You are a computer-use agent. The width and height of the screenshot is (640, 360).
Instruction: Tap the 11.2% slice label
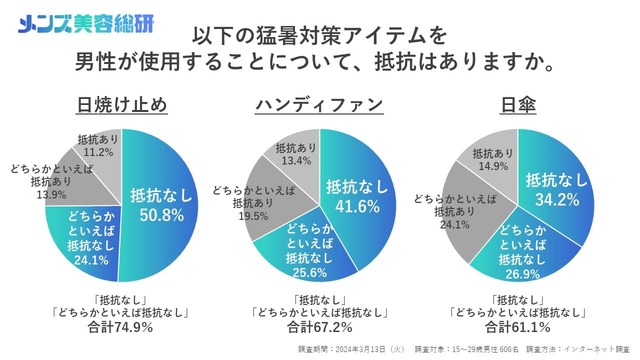point(97,154)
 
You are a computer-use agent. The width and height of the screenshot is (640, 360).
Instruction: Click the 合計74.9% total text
point(121,327)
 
